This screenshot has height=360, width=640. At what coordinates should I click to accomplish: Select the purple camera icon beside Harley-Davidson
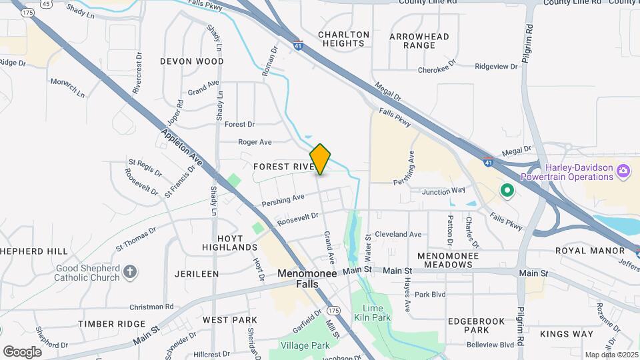click(x=623, y=171)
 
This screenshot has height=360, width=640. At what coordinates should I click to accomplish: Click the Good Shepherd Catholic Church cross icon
click(x=130, y=272)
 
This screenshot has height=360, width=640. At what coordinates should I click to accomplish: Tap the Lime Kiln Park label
click(x=376, y=313)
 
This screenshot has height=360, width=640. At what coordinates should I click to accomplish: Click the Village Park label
click(x=305, y=345)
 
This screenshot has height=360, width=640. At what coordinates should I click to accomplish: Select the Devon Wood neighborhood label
click(x=192, y=61)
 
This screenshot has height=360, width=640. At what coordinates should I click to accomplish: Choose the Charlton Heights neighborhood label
click(x=343, y=39)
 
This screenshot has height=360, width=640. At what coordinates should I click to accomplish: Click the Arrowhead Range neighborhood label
click(x=419, y=41)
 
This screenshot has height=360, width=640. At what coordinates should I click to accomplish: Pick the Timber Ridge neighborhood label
click(x=111, y=324)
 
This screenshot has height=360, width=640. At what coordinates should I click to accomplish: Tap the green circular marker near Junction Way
click(x=507, y=192)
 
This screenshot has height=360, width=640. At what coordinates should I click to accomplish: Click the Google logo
click(x=22, y=352)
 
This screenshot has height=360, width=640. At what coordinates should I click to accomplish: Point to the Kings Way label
click(x=567, y=333)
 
